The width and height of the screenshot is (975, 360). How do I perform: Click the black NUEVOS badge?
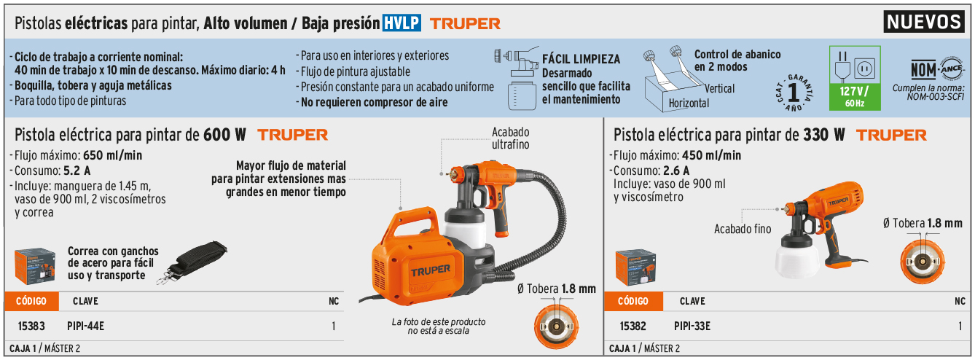click(923, 22)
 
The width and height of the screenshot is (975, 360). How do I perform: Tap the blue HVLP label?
click(402, 23)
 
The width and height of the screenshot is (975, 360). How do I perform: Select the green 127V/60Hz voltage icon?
click(855, 78)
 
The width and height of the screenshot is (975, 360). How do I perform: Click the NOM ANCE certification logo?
click(938, 70)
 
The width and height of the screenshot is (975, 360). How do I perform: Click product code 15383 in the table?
click(31, 326)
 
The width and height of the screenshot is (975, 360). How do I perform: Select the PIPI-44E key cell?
click(86, 326)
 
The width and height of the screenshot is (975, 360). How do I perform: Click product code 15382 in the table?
click(633, 326)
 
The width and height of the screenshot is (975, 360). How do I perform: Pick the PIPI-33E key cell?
click(692, 326)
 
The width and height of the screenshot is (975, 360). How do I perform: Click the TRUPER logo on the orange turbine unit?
click(431, 271)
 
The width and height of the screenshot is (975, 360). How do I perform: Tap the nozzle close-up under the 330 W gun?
click(923, 261)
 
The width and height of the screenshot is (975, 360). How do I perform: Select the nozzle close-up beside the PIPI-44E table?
click(556, 326)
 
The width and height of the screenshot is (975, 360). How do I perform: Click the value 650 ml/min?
click(113, 155)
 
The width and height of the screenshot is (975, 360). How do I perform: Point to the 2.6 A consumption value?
click(676, 171)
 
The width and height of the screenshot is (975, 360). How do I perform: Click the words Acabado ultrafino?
click(511, 138)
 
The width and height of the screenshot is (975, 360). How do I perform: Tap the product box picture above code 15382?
click(635, 267)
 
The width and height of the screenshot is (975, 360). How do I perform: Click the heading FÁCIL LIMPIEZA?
click(581, 59)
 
